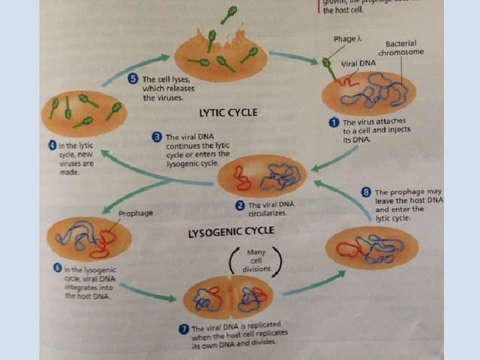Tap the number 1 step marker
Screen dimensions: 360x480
click(335, 123)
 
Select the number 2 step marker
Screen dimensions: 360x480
click(240, 205)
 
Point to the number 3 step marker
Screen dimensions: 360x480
click(157, 137)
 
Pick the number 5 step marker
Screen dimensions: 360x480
click(133, 79)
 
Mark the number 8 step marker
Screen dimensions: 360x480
click(366, 192)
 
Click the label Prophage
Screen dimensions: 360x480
click(136, 213)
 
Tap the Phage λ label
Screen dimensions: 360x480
click(345, 39)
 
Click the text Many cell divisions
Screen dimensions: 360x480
click(256, 260)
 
